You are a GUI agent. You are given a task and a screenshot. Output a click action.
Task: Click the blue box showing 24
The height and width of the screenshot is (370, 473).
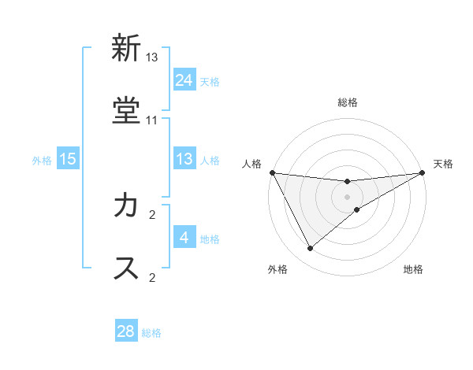pos(184,80)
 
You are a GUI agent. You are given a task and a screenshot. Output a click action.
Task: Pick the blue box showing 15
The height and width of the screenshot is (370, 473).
pos(68,159)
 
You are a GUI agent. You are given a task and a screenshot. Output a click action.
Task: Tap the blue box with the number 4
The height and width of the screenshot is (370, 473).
pos(184,238)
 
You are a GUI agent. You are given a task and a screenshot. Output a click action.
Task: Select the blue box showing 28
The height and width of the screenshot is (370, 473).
pos(126,331)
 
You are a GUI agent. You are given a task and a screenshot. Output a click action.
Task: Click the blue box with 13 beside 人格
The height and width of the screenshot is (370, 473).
pos(184,159)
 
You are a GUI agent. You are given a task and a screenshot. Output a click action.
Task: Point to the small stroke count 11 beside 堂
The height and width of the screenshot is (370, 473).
pos(152,120)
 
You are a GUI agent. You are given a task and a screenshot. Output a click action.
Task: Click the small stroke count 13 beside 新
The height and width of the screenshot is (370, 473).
pos(152,57)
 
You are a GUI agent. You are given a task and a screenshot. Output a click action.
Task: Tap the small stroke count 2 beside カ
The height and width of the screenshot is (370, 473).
pos(152,213)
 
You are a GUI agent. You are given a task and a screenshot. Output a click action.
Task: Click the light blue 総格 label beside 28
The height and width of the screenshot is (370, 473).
pos(152,333)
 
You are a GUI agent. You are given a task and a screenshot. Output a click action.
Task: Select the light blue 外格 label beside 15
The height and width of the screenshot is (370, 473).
pos(42,161)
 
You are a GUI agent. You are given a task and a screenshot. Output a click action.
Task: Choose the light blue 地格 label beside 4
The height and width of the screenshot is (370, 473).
pos(210,239)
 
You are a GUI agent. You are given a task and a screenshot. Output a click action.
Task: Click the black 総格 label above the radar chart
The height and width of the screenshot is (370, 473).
pos(348,102)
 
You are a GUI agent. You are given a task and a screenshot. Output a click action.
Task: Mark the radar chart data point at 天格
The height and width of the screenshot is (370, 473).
pos(423,173)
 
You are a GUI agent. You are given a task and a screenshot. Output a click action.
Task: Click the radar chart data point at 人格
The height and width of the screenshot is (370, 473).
pos(272,172)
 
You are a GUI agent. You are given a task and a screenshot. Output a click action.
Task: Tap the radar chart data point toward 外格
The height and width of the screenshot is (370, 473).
pos(310,249)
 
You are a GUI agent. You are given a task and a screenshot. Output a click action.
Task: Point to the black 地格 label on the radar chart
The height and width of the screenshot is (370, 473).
pos(413,270)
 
